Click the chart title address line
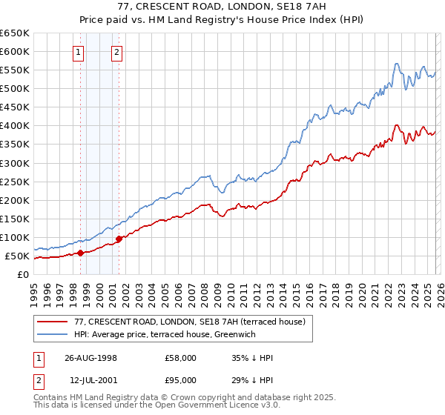[222, 7]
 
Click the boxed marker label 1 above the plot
[79, 52]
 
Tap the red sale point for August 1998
[80, 253]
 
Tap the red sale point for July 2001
[118, 239]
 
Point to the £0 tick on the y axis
[24, 275]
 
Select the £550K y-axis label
[14, 70]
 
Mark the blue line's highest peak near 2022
[396, 64]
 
